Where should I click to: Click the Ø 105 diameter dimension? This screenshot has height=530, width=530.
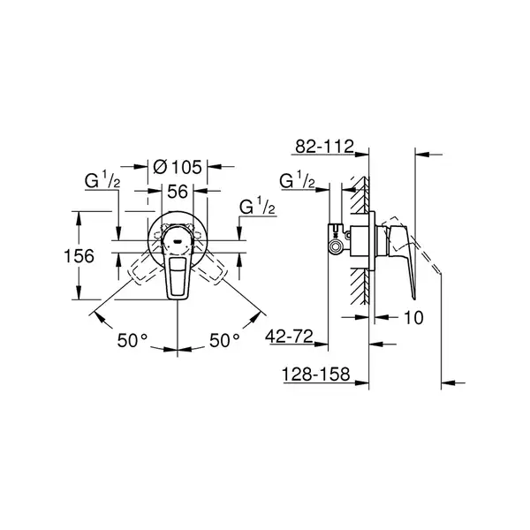point(178,167)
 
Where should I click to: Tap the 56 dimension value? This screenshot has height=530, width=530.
point(178,192)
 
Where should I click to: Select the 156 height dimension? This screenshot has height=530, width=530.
point(79,256)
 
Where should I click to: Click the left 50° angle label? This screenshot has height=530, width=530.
point(132,340)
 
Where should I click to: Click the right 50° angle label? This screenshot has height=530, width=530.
point(224,340)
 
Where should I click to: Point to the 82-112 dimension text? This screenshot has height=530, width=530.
point(324,147)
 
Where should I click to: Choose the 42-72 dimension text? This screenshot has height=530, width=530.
point(290,337)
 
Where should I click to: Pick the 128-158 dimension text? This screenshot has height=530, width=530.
point(315,375)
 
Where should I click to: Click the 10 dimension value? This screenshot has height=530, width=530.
point(413,318)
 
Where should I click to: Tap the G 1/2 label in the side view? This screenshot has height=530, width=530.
point(297,180)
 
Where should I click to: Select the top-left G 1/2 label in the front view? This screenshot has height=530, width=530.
point(102,180)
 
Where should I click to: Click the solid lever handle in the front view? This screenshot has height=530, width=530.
point(178,262)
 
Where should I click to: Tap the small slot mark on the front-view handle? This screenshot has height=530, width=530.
point(178,242)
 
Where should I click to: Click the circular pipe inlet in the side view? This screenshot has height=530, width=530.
point(336,246)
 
